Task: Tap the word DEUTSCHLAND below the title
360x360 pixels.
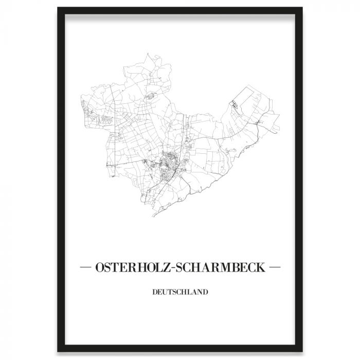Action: pyautogui.click(x=180, y=292)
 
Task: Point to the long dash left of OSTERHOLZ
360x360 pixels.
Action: pyautogui.click(x=86, y=268)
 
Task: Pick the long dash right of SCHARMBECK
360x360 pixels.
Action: pyautogui.click(x=275, y=268)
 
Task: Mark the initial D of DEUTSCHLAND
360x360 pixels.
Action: pyautogui.click(x=154, y=292)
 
